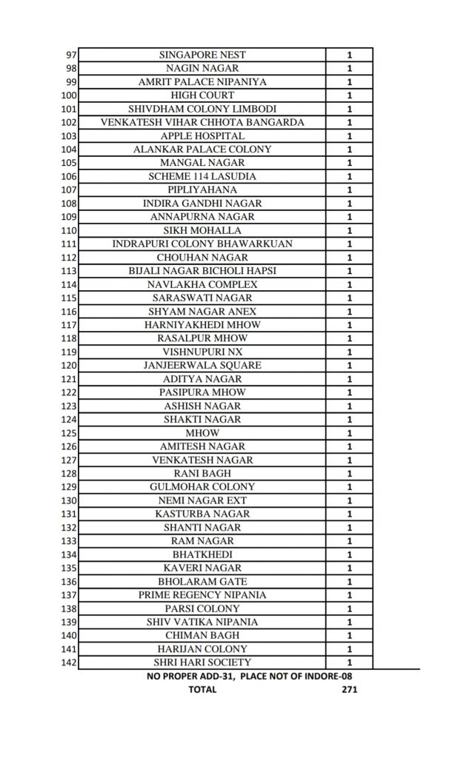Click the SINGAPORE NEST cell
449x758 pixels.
(x=202, y=55)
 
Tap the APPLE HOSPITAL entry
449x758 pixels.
(x=202, y=136)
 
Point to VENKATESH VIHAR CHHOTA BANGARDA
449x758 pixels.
(x=202, y=122)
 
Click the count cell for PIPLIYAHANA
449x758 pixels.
(x=349, y=190)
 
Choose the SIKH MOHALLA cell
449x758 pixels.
(x=202, y=231)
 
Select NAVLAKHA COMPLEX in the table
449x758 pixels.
(x=202, y=285)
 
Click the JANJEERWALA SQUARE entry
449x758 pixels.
(x=202, y=366)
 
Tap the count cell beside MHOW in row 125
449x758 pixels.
(x=349, y=433)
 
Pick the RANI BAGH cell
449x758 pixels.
(x=202, y=474)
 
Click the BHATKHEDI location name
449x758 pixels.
(x=202, y=554)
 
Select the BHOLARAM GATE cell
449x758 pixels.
(x=202, y=582)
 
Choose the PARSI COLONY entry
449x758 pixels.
(x=202, y=608)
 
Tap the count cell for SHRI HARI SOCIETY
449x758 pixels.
(x=349, y=663)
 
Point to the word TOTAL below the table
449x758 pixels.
(x=202, y=689)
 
